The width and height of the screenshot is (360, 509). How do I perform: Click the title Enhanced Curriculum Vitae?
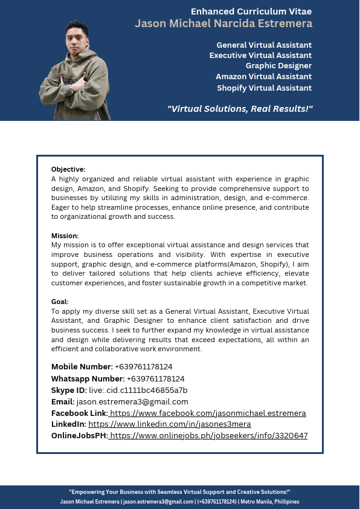[x=251, y=11]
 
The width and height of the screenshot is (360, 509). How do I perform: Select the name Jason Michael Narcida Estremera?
[x=223, y=24]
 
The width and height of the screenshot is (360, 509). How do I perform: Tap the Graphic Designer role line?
[x=278, y=65]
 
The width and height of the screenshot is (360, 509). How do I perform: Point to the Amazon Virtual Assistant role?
[x=263, y=76]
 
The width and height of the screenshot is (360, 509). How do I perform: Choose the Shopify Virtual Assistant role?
[x=264, y=88]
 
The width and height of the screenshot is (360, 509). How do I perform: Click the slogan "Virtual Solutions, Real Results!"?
[x=240, y=109]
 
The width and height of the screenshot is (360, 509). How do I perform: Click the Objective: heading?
[x=68, y=169]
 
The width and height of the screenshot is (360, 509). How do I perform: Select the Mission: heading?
[x=65, y=235]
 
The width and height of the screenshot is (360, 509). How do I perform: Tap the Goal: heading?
[x=60, y=301]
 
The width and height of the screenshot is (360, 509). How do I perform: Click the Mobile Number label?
[x=82, y=367]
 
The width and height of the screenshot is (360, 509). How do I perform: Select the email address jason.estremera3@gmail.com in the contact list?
[x=132, y=401]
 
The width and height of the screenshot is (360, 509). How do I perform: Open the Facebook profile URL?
[x=208, y=413]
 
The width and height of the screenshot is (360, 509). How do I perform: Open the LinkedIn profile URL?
[x=169, y=424]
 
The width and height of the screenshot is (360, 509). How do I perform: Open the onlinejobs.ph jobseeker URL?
[x=209, y=435]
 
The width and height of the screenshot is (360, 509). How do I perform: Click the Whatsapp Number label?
[x=88, y=378]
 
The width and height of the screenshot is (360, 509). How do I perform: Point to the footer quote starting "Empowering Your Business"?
[x=179, y=492]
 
